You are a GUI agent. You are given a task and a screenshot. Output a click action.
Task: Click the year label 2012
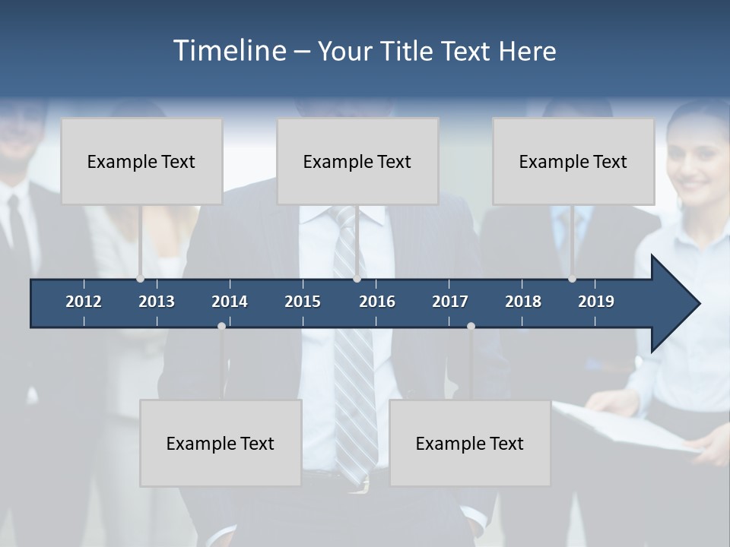[84, 302]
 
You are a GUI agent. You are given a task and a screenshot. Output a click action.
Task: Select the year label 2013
[157, 302]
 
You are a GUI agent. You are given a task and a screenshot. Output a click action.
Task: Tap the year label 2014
[230, 302]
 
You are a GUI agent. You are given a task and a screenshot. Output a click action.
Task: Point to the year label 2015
[303, 302]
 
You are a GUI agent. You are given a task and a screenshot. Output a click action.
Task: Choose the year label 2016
[377, 302]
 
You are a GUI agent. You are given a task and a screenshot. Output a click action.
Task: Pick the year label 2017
[450, 302]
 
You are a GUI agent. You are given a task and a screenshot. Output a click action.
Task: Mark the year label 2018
[523, 302]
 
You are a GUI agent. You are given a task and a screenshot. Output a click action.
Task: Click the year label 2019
[596, 302]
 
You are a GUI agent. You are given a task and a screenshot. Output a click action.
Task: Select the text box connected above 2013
[141, 161]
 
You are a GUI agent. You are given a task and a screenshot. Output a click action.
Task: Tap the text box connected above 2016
[357, 161]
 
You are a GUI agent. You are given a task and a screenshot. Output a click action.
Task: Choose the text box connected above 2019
[573, 161]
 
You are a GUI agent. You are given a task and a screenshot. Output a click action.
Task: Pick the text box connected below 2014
[221, 443]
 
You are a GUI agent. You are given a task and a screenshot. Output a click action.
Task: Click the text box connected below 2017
[470, 443]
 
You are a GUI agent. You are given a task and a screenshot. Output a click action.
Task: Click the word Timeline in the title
[229, 51]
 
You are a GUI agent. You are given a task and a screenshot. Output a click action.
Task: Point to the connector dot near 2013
[140, 278]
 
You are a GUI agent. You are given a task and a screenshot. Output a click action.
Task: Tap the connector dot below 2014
[221, 326]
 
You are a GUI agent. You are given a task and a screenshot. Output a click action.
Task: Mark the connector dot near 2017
[471, 326]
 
